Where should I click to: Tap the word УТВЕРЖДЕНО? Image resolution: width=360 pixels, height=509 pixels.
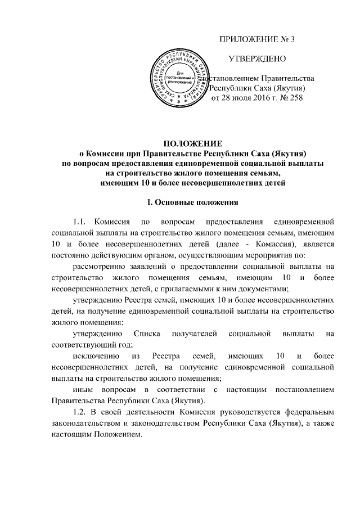pos(256,58)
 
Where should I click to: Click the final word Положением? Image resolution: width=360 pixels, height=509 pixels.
pos(112,438)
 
